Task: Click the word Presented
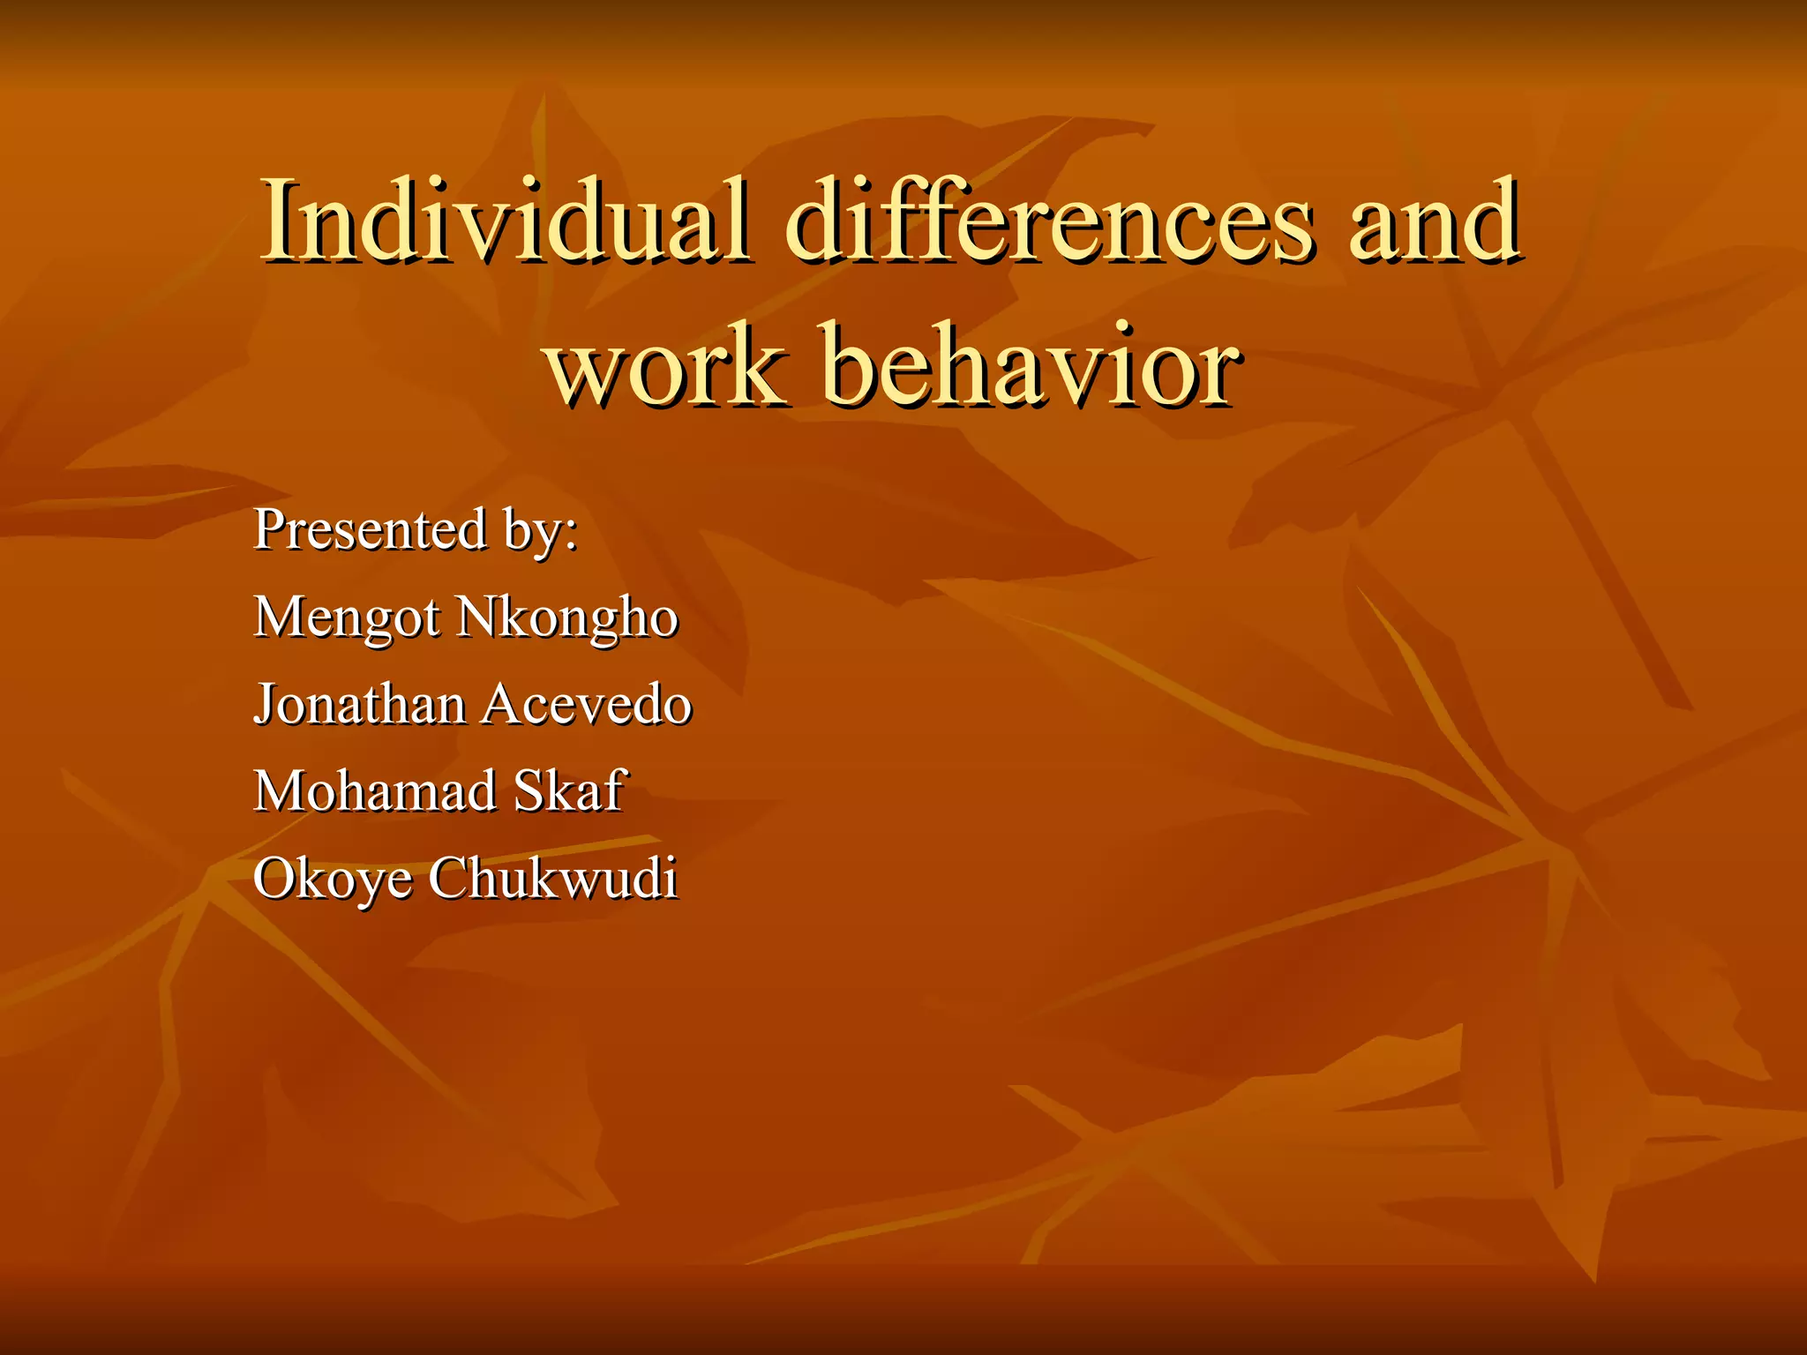pos(370,529)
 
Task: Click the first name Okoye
pos(332,880)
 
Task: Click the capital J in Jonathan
pos(264,706)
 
